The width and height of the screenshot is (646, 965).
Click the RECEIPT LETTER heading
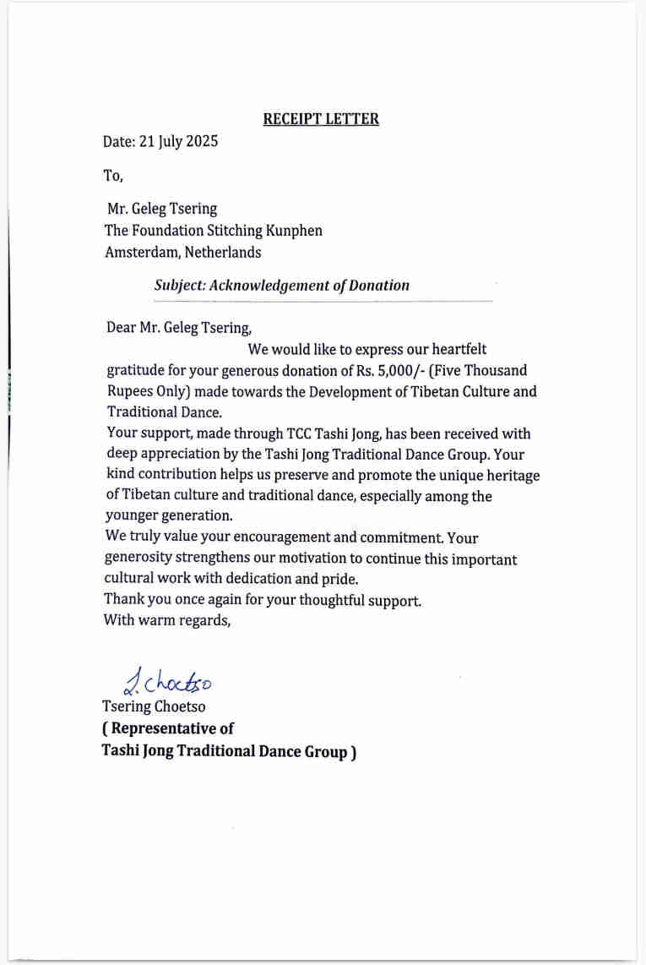(x=321, y=119)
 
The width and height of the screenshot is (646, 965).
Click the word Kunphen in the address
(x=295, y=230)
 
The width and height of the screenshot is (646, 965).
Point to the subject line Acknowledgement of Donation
(x=281, y=286)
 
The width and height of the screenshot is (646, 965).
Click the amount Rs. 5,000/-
(x=390, y=370)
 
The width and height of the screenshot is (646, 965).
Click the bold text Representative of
(x=167, y=728)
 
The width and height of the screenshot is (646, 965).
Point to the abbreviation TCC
(x=304, y=433)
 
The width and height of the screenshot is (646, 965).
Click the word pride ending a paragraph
(x=341, y=580)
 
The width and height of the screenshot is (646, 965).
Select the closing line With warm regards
(x=166, y=620)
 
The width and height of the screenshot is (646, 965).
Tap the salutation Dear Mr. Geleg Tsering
(x=179, y=328)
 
